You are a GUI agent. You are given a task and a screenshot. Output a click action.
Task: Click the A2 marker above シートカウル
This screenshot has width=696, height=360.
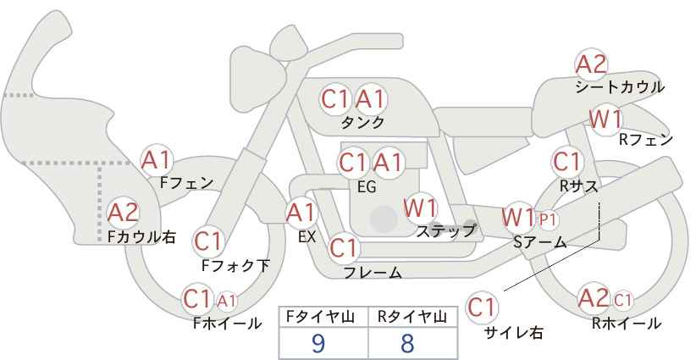[591, 64]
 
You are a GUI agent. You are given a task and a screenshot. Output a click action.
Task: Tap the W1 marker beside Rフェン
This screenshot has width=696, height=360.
[605, 119]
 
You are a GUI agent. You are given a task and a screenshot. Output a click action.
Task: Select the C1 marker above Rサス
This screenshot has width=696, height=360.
[566, 162]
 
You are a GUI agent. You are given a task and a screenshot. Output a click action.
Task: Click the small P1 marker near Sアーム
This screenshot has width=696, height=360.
[548, 219]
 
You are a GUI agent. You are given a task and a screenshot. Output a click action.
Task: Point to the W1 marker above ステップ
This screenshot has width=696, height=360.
[420, 208]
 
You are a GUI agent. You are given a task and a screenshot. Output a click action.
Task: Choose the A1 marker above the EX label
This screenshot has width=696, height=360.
[301, 213]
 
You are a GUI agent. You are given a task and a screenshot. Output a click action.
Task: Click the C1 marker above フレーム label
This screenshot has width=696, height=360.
[344, 247]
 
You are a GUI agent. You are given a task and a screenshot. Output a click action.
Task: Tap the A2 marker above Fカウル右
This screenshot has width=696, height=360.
[123, 213]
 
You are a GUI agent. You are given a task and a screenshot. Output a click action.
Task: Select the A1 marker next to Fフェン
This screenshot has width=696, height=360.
[156, 160]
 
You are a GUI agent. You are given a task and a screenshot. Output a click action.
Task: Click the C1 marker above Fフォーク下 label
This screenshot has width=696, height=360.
[207, 242]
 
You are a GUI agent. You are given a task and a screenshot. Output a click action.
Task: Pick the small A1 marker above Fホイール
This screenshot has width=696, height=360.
[226, 301]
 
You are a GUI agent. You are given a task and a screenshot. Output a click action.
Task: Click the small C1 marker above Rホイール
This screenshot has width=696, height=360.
[623, 301]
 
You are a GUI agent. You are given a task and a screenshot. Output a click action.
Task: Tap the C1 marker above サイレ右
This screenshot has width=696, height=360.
[482, 307]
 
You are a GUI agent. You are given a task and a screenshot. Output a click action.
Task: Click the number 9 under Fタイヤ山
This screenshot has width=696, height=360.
[318, 343]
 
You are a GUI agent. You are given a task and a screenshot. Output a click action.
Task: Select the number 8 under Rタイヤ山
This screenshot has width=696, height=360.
[407, 343]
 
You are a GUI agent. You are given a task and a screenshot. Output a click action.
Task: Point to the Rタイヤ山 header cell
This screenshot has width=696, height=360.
[413, 317]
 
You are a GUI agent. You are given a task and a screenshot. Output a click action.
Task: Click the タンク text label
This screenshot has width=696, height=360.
[362, 122]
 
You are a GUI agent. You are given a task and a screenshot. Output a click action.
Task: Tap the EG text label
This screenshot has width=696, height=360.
[367, 187]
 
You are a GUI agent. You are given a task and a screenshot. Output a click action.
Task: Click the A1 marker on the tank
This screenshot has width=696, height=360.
[371, 99]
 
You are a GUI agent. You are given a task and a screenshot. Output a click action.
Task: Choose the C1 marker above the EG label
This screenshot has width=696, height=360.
[354, 163]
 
